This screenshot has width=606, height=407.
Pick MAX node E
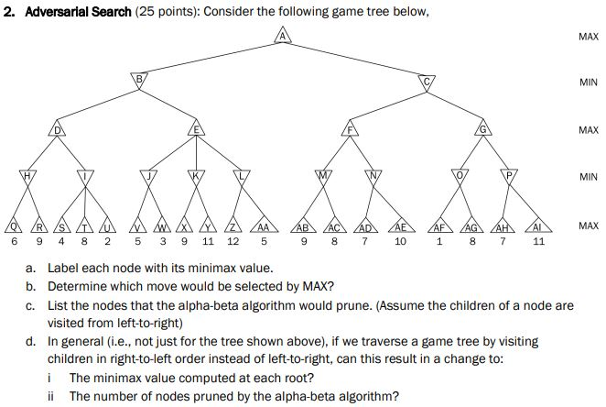coord(196,130)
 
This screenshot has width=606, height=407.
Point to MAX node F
coord(348,130)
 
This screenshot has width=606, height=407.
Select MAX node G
coord(482,130)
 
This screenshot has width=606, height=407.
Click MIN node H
coord(27,174)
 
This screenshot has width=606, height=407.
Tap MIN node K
coord(194,174)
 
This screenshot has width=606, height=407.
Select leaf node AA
coord(263,226)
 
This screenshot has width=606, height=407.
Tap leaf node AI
coord(539,226)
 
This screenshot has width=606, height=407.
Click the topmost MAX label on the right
coord(589,37)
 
